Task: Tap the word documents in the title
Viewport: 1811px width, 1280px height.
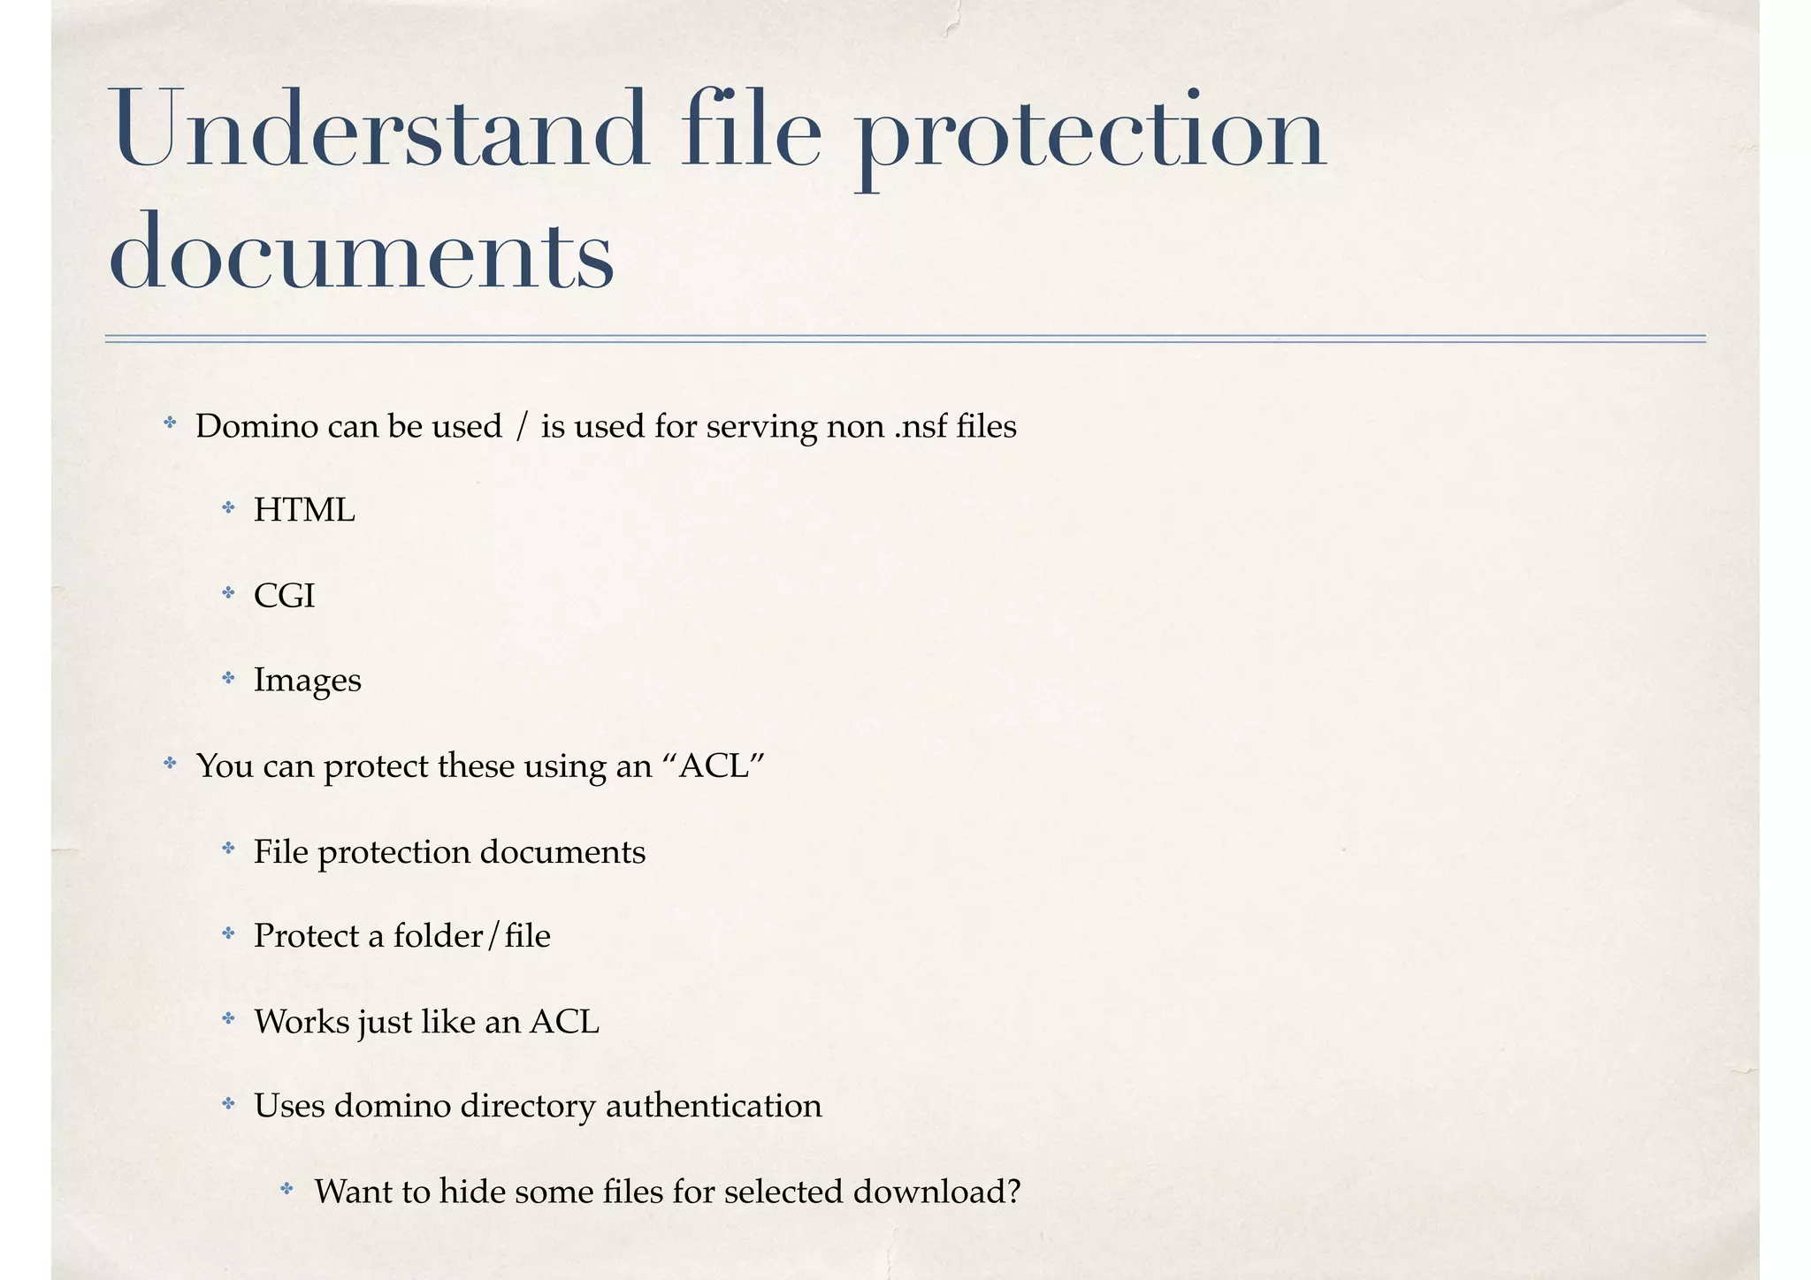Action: click(x=361, y=252)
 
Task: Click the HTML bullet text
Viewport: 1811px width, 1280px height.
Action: click(x=304, y=511)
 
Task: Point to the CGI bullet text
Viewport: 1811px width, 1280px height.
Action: click(x=284, y=596)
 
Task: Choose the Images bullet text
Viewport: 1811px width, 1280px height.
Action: click(x=307, y=681)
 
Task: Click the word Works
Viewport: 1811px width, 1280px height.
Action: click(x=301, y=1022)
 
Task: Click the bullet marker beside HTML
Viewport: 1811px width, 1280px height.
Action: click(x=228, y=508)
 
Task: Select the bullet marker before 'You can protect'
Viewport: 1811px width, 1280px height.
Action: click(x=170, y=763)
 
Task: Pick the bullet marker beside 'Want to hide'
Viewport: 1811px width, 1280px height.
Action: click(x=287, y=1189)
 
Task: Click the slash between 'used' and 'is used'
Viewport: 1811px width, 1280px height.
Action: click(x=521, y=427)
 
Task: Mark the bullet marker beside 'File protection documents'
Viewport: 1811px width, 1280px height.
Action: click(x=228, y=850)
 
